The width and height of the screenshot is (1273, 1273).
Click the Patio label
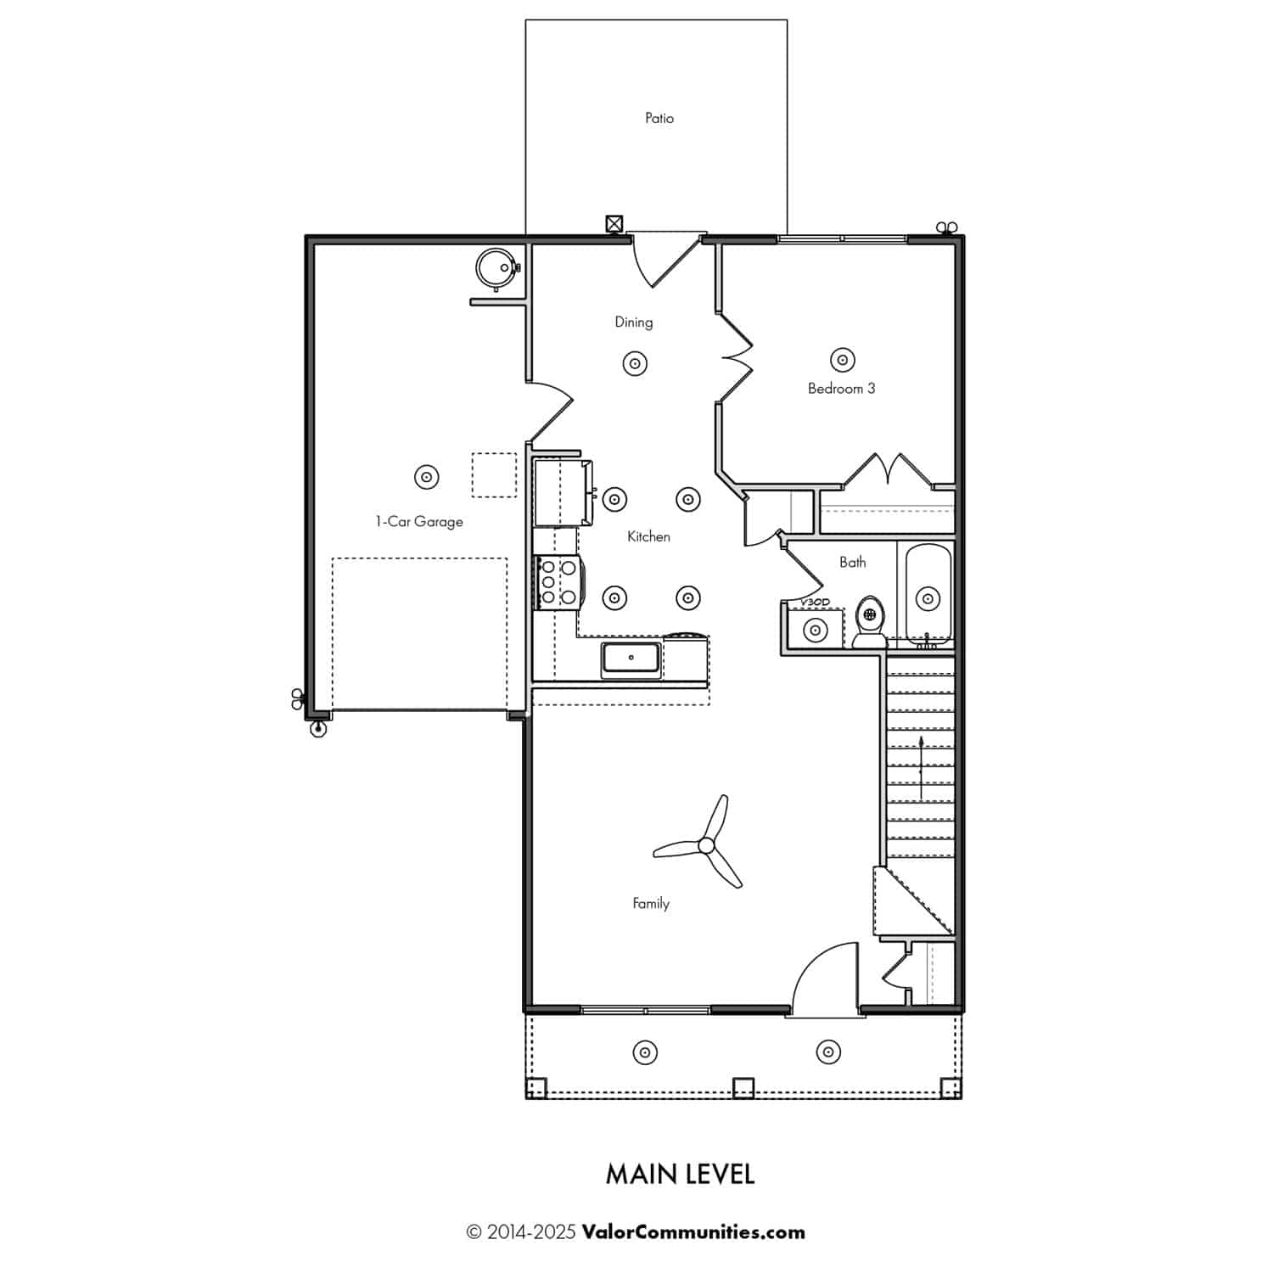click(x=659, y=119)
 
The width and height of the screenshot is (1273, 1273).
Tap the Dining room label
click(x=634, y=322)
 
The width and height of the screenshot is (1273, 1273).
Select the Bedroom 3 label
click(x=841, y=389)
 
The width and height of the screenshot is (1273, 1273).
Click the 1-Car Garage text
click(x=419, y=521)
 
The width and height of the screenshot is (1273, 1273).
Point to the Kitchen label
click(x=648, y=536)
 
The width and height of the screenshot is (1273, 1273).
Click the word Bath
click(x=853, y=562)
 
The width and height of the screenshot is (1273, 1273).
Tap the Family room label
click(x=651, y=904)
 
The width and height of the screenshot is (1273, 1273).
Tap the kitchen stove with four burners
click(x=558, y=582)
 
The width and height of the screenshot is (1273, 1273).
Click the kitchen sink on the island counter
click(x=631, y=660)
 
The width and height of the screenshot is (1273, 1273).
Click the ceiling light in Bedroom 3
click(x=842, y=360)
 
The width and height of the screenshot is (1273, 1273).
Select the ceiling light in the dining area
click(x=635, y=364)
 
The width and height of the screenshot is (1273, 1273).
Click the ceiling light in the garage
click(x=426, y=477)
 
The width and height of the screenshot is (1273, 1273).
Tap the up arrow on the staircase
click(x=922, y=768)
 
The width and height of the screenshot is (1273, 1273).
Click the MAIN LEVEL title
click(x=680, y=1175)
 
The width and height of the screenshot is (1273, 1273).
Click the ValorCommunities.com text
click(x=693, y=1232)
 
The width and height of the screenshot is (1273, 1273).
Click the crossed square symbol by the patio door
click(x=614, y=224)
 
